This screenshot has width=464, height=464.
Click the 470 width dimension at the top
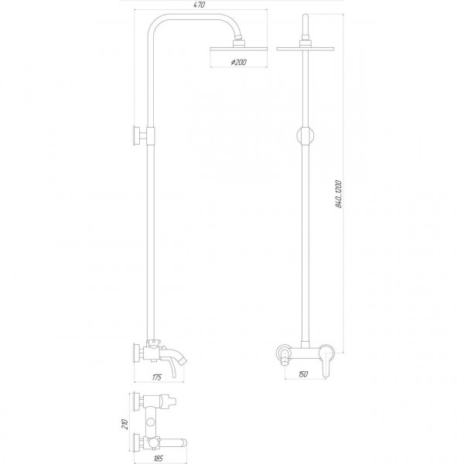pos(200,5)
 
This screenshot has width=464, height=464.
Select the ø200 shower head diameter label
pos(238,63)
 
